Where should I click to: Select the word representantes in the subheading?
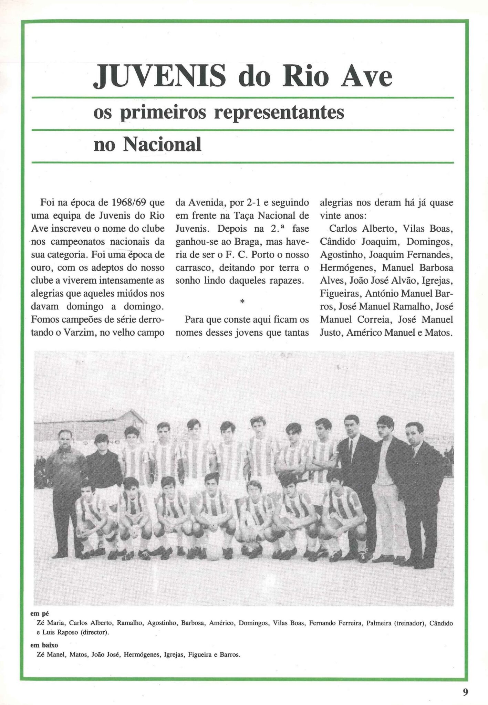pos(279,113)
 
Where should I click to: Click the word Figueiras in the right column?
pos(339,294)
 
